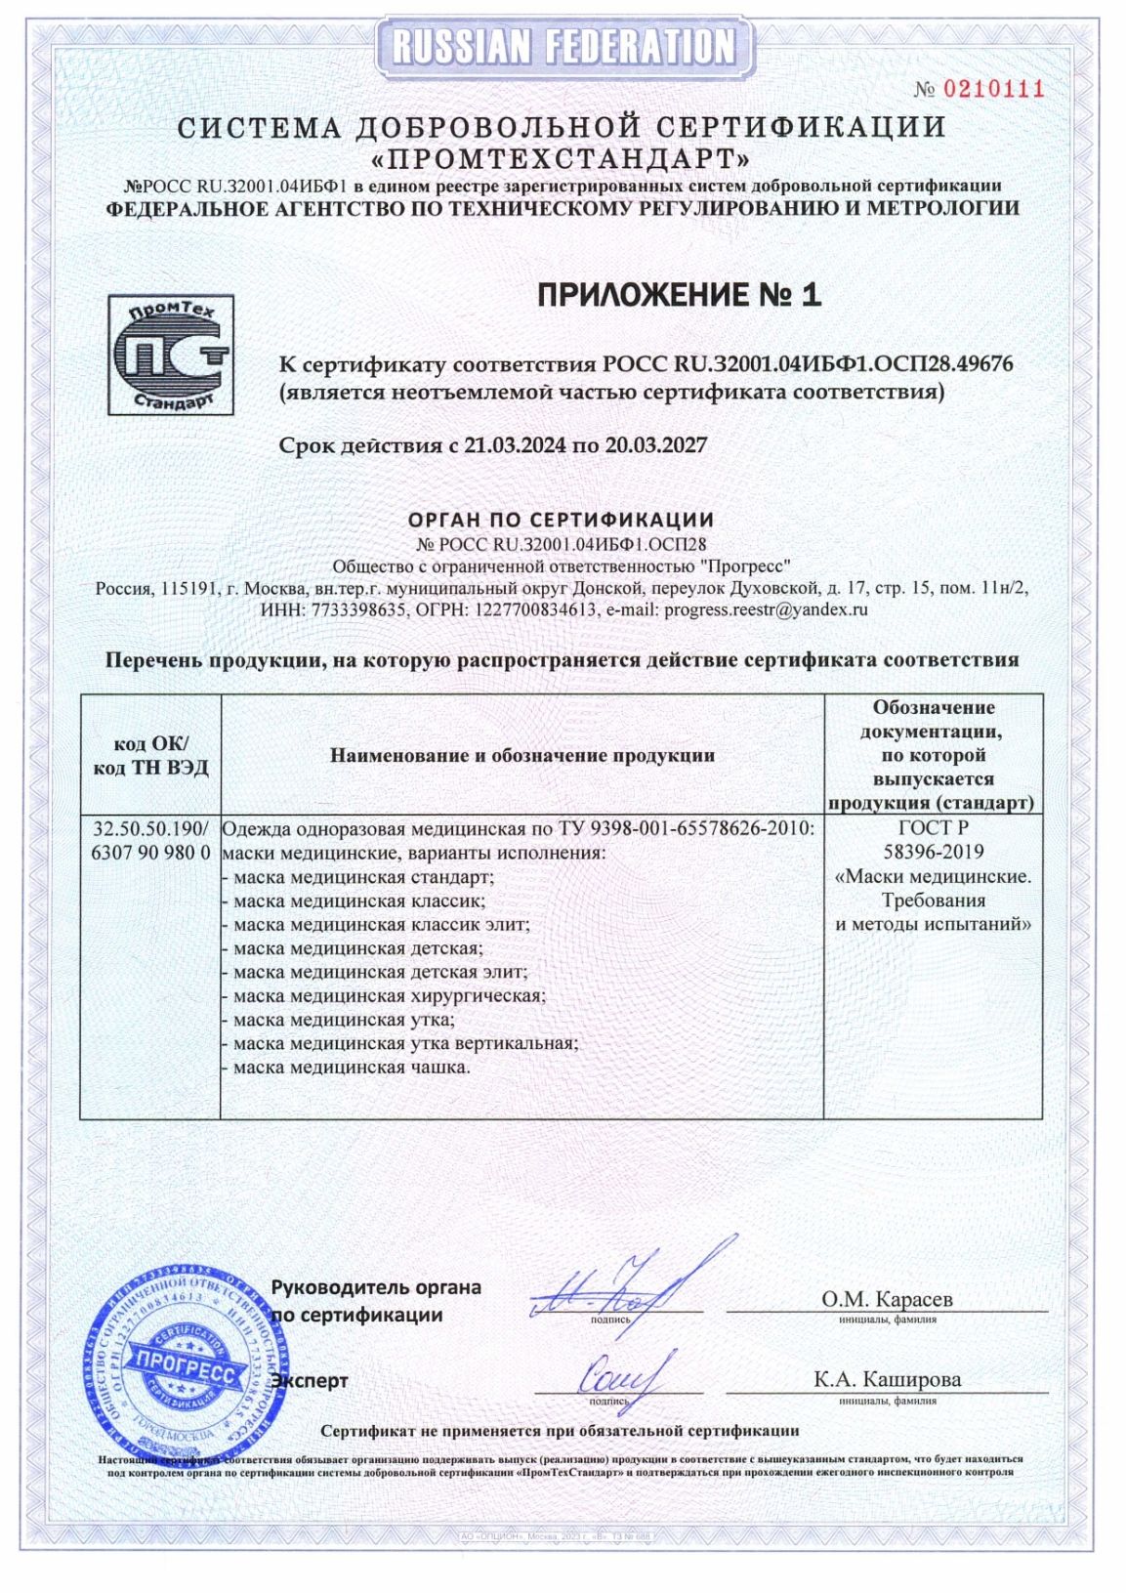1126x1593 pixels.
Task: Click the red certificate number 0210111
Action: point(994,90)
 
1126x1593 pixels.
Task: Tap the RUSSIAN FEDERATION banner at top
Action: point(563,45)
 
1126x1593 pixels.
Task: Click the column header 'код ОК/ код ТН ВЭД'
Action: point(150,754)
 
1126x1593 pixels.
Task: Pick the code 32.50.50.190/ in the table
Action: point(150,828)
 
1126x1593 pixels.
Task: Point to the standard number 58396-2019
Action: point(934,852)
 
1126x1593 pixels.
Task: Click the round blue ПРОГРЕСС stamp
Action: point(188,1362)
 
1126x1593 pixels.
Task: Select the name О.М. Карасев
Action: point(887,1299)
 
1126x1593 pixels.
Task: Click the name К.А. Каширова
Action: point(887,1379)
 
